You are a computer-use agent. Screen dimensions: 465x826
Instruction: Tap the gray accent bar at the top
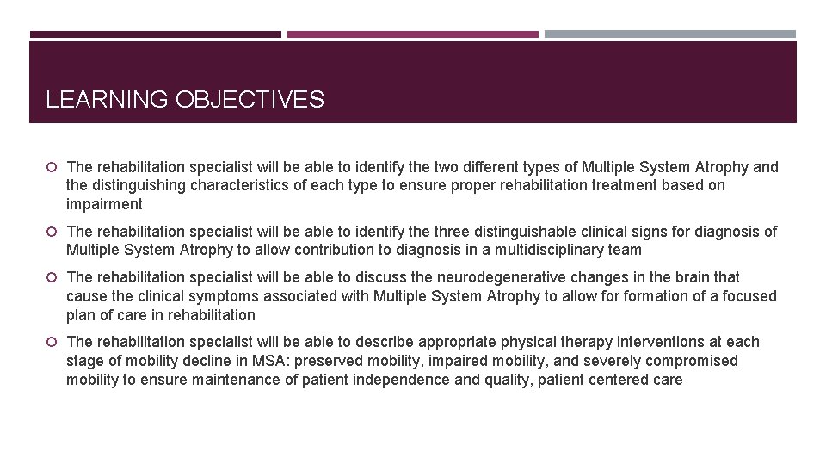[x=670, y=34]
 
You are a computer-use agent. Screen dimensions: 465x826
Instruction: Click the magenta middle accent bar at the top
[x=412, y=34]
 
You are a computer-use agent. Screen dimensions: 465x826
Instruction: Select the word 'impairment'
[x=104, y=204]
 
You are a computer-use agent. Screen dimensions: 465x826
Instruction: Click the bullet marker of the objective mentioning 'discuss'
[x=52, y=277]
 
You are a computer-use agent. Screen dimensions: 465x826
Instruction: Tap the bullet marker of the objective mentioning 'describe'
[x=52, y=343]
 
